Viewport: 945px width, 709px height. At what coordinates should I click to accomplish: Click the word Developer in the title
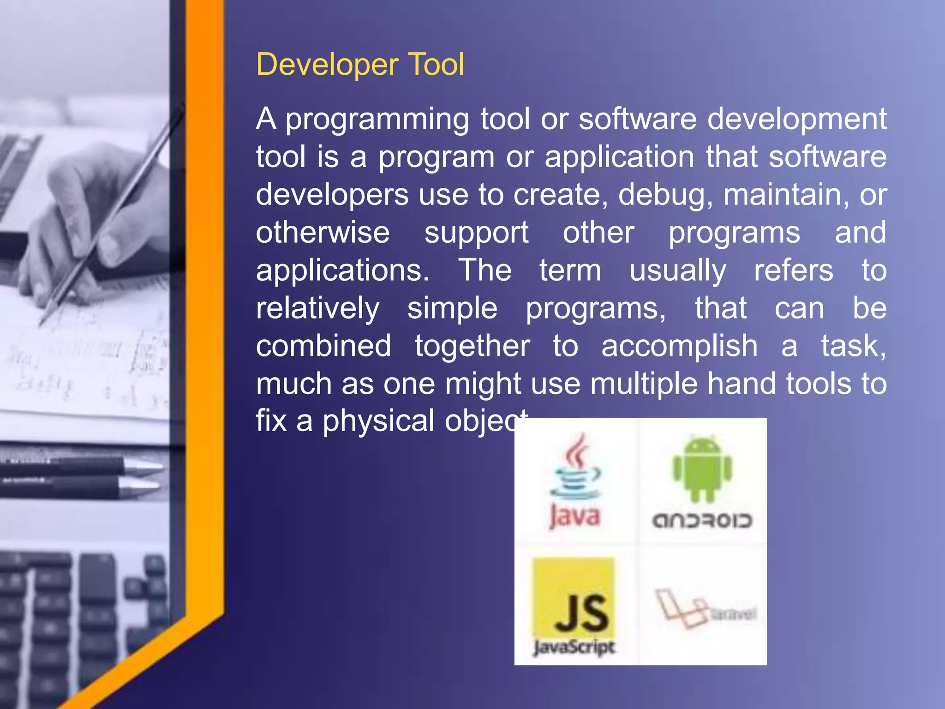(x=327, y=65)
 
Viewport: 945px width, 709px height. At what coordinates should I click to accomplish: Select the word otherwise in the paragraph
(x=323, y=232)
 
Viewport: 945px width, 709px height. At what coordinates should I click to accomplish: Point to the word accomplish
(x=679, y=346)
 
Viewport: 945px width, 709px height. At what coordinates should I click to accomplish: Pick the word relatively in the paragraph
(x=318, y=308)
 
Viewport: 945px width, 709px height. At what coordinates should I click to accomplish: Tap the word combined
(x=323, y=346)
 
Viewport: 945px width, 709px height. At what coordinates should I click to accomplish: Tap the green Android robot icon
(x=702, y=469)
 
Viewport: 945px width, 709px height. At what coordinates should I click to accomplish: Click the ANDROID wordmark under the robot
(x=702, y=521)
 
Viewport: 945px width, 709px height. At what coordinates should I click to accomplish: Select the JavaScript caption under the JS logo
(x=574, y=647)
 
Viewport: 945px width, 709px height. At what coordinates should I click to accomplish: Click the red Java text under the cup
(x=575, y=517)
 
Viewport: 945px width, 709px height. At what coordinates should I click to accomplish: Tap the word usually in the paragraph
(x=678, y=271)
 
